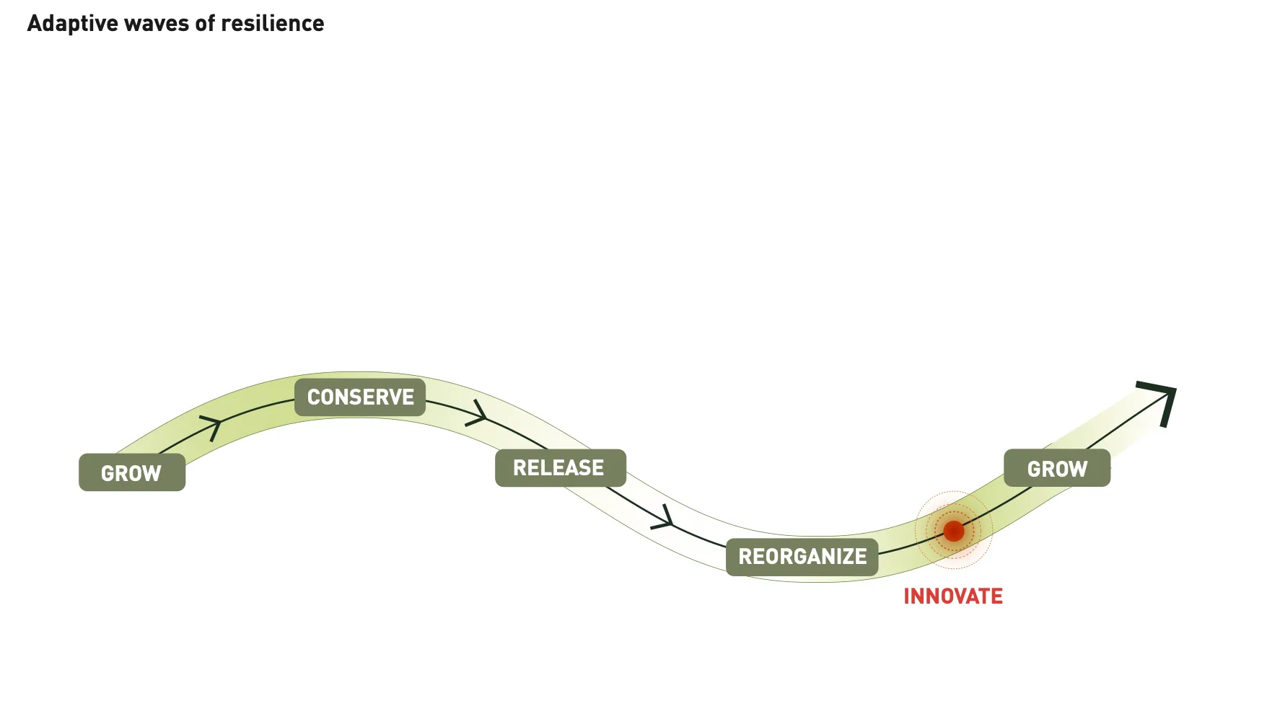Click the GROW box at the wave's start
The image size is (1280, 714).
pyautogui.click(x=131, y=472)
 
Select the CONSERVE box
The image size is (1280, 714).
pyautogui.click(x=360, y=397)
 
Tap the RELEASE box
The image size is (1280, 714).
pyautogui.click(x=560, y=467)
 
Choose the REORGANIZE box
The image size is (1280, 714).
pyautogui.click(x=802, y=556)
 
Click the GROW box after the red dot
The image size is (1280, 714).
pyautogui.click(x=1056, y=468)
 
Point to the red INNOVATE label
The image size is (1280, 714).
pyautogui.click(x=952, y=596)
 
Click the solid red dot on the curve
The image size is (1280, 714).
pyautogui.click(x=954, y=531)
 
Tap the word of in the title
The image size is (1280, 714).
pyautogui.click(x=205, y=24)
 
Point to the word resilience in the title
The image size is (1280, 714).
pyautogui.click(x=272, y=24)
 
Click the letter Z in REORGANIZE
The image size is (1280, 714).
pyautogui.click(x=846, y=557)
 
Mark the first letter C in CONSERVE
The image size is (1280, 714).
pyautogui.click(x=314, y=397)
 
